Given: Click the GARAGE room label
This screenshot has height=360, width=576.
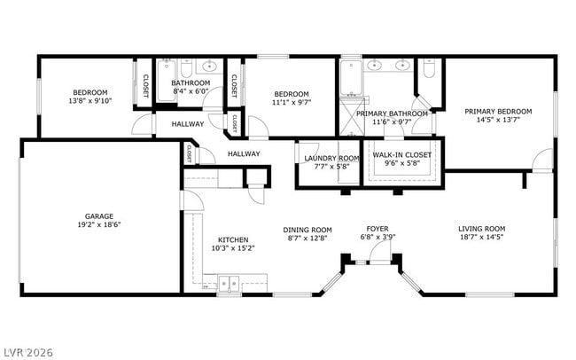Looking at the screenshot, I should [x=98, y=215].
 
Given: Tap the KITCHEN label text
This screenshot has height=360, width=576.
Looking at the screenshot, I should [x=233, y=239].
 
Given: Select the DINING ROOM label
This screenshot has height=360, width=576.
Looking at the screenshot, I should [x=307, y=228].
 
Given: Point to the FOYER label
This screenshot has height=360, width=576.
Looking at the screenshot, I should [x=378, y=228].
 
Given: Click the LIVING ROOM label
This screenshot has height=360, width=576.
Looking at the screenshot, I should [x=481, y=228].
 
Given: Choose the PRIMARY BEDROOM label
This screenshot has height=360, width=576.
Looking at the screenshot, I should [x=498, y=111].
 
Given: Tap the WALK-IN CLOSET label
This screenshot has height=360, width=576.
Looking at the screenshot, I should [x=402, y=155].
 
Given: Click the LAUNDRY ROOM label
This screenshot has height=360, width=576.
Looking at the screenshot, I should [x=331, y=158].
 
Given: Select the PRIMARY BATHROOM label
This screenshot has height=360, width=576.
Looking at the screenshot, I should [x=392, y=113].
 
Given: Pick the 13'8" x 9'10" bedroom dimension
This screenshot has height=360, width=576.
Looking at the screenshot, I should [x=90, y=101].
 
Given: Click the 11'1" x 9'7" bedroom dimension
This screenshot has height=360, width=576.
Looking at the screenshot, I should [x=291, y=103].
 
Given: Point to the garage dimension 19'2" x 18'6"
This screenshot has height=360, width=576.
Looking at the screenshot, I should [x=98, y=224].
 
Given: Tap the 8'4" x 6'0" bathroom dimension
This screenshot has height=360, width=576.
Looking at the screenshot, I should [x=190, y=91].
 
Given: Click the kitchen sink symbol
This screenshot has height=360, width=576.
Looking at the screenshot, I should [x=230, y=285].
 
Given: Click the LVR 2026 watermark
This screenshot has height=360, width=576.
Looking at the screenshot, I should [x=27, y=352].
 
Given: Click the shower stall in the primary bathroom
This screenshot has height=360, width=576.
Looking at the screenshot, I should [x=350, y=113].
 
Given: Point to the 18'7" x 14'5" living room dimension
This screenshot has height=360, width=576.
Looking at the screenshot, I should [x=481, y=237].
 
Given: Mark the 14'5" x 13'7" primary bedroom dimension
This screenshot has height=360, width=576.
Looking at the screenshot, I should [x=498, y=120].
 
